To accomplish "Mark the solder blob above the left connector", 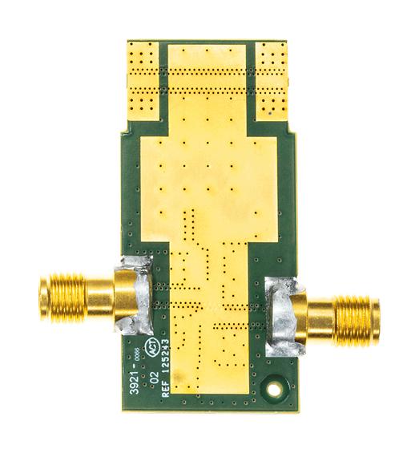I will [x=135, y=266].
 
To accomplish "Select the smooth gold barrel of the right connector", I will [x=320, y=314].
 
